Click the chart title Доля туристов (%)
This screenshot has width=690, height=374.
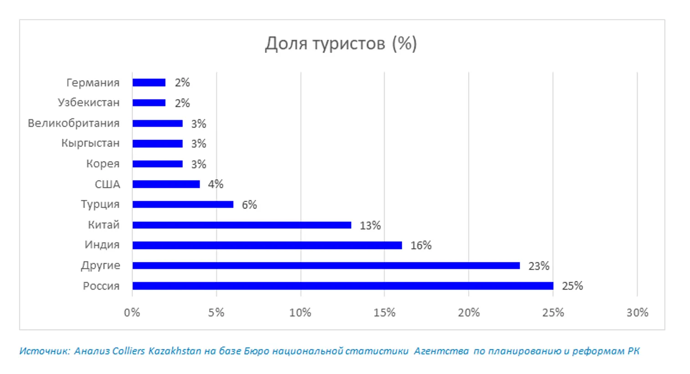[341, 44]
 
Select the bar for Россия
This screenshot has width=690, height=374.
[342, 286]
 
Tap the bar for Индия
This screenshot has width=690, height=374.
[267, 245]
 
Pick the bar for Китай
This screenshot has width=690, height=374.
[241, 225]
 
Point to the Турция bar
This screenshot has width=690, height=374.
[183, 204]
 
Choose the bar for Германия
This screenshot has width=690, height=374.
[149, 83]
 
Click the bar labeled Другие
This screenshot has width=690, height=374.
[326, 265]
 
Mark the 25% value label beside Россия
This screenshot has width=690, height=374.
[572, 286]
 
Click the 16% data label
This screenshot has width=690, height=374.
[421, 245]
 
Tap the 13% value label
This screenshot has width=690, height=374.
[370, 225]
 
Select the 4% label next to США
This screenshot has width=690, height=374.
[215, 184]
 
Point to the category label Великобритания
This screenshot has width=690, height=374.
[74, 123]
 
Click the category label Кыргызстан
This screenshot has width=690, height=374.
[90, 143]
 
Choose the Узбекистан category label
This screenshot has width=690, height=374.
[88, 103]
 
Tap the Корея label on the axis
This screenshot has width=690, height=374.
[102, 164]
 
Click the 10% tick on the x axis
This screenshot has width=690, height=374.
[300, 312]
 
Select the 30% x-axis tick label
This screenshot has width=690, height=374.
[637, 312]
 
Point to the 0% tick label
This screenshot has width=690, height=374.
[132, 312]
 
